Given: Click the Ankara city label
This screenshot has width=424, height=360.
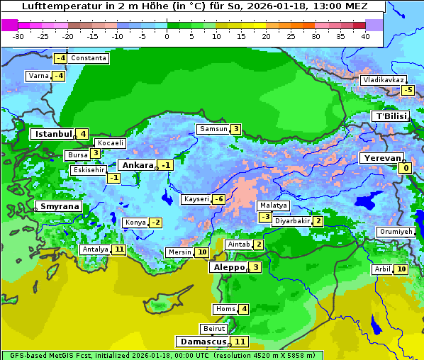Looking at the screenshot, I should click(x=138, y=165).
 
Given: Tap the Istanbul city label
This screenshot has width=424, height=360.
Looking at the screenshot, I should click(x=54, y=134).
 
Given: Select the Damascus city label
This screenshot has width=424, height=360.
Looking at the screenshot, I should click(x=202, y=342).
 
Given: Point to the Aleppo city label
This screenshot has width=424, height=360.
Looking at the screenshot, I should click(x=228, y=268).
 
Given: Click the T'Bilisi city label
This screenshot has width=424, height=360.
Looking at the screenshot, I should click(x=389, y=116).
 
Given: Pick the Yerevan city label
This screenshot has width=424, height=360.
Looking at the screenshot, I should click(x=381, y=158).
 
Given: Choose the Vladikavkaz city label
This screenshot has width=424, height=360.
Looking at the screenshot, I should click(x=383, y=80).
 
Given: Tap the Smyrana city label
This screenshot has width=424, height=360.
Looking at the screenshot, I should click(x=60, y=207).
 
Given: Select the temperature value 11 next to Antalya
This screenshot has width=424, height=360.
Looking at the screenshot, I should click(x=118, y=249).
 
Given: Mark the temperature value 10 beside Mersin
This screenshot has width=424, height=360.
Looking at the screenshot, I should click(x=202, y=252).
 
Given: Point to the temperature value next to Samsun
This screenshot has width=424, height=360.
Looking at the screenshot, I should click(x=235, y=129).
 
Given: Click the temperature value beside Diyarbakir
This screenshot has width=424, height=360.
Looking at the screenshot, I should click(x=318, y=221).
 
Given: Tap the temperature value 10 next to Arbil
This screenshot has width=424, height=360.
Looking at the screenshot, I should click(x=401, y=269).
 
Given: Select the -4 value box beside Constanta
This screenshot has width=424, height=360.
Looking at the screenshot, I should click(x=61, y=58).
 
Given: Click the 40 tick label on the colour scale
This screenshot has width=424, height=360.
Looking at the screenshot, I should click(x=365, y=36).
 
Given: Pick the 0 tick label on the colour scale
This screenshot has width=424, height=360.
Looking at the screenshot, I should click(x=167, y=36).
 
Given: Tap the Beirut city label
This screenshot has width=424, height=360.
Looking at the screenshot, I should click(x=213, y=329).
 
